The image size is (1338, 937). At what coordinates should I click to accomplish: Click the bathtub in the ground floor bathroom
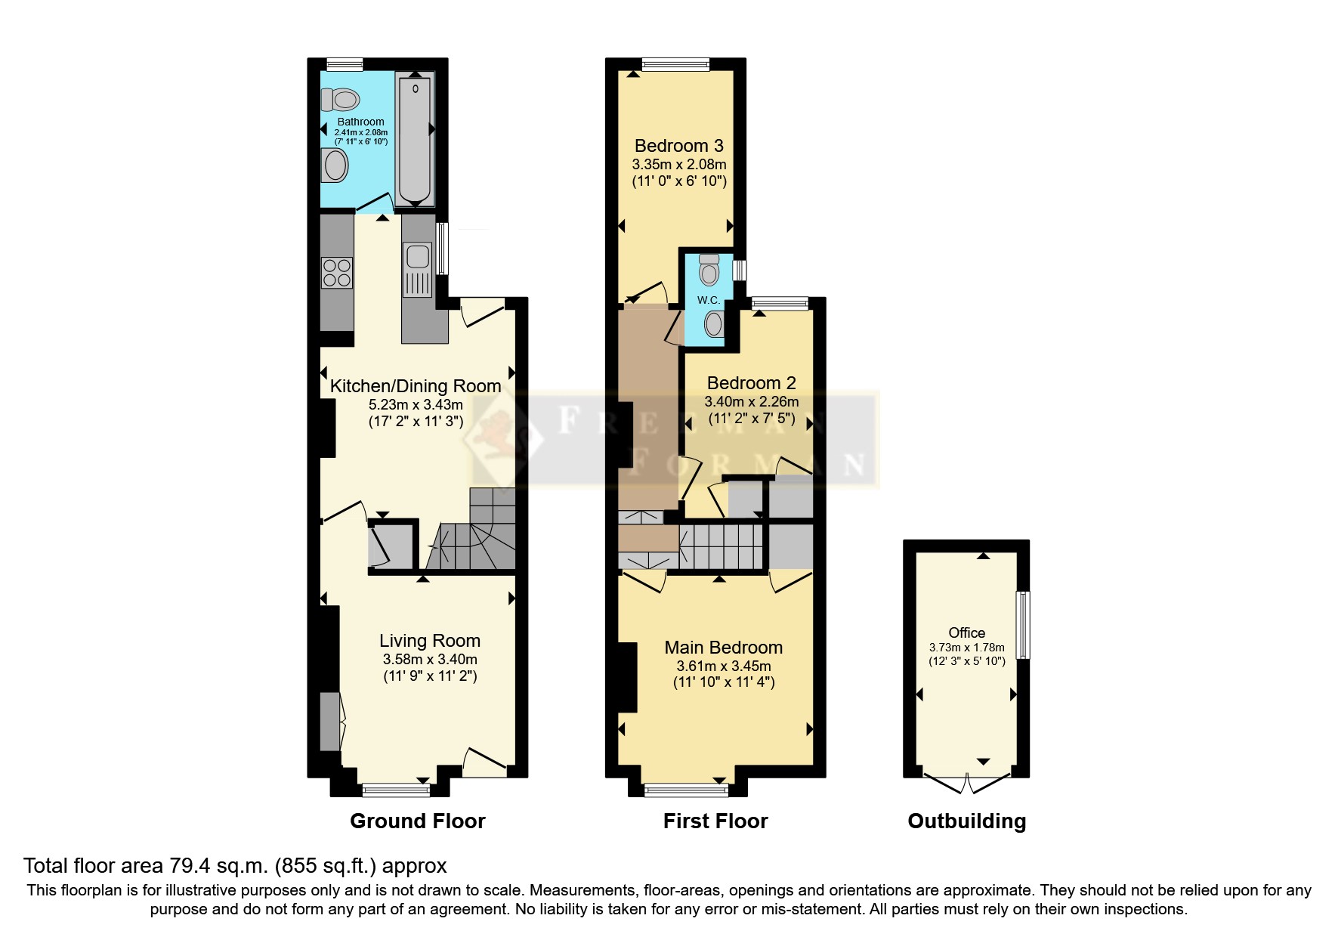(x=415, y=140)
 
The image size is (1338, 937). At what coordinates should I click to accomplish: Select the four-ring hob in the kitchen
(x=337, y=273)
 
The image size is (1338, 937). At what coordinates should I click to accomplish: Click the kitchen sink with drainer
(x=418, y=267)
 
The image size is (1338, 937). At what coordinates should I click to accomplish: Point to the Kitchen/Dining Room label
(x=416, y=386)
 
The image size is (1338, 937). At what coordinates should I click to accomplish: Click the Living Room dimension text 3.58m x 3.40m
(x=430, y=660)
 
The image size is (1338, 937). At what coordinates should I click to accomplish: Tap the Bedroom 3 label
(x=678, y=146)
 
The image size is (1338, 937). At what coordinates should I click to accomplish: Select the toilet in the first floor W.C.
(x=709, y=269)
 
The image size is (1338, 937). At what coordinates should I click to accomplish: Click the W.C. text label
(x=708, y=300)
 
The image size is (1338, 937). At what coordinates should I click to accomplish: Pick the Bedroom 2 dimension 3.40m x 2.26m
(x=751, y=402)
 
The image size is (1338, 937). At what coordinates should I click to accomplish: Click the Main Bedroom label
(x=723, y=648)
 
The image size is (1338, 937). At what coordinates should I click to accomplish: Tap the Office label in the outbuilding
(x=966, y=633)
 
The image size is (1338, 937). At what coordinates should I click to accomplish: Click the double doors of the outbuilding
(x=966, y=784)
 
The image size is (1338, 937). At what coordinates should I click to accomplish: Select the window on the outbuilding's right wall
(x=1023, y=624)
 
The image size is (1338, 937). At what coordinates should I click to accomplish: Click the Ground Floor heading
(x=417, y=821)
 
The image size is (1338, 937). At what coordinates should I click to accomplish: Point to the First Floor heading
(x=715, y=821)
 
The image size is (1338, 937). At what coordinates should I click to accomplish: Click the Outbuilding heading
(x=966, y=821)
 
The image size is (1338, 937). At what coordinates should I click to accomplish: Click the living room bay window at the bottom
(x=396, y=790)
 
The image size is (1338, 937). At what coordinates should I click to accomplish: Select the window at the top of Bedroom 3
(x=675, y=65)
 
